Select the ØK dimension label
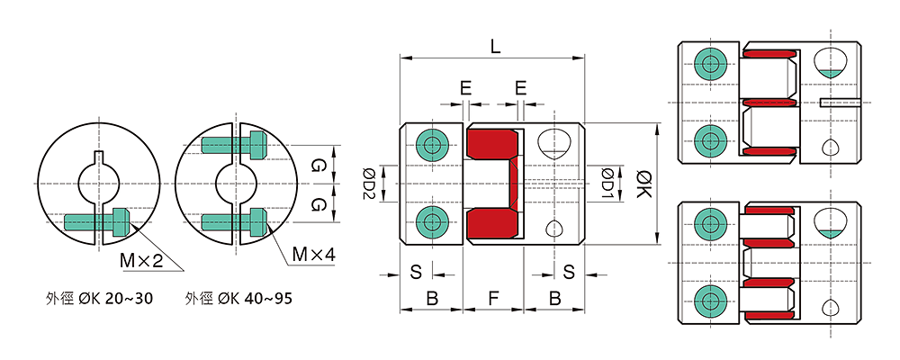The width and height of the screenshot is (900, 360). click(640, 184)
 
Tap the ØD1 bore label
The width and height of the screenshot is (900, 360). click(607, 184)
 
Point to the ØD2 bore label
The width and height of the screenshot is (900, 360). click(369, 184)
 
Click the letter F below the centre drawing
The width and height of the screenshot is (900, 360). click(492, 295)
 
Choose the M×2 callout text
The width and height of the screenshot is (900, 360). click(139, 260)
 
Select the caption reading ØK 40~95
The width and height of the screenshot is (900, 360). click(238, 297)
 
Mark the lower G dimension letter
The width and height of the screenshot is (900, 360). click(317, 204)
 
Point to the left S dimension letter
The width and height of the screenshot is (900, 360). click(416, 271)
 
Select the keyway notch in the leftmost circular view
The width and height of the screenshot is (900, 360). click(101, 165)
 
